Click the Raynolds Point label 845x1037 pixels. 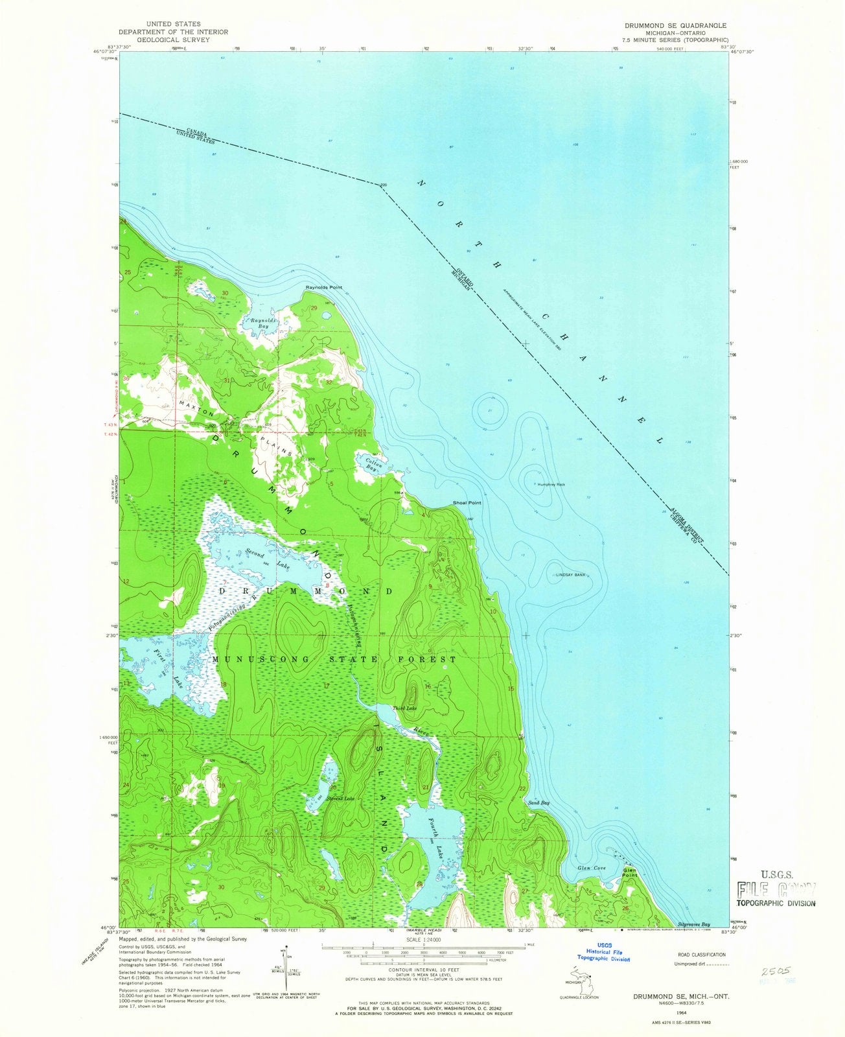tap(324, 287)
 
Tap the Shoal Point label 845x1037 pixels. tap(467, 503)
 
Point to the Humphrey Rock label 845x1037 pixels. tap(551, 484)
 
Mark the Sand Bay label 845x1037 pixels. tap(539, 803)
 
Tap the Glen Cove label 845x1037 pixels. tap(590, 868)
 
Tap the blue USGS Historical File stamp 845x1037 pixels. tap(603, 953)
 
